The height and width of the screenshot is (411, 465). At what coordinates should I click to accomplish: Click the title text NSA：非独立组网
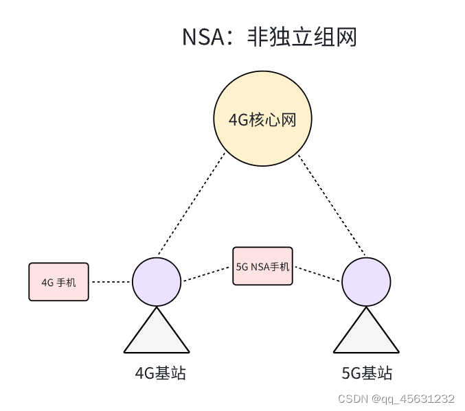pos(269,36)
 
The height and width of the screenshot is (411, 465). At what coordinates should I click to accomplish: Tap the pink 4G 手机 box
pos(58,281)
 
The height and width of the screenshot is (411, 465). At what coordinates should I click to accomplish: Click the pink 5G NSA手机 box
pos(262,266)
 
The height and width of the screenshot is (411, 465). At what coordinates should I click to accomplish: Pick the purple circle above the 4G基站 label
pos(157,281)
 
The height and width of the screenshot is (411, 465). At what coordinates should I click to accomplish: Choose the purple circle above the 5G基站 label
pos(366,281)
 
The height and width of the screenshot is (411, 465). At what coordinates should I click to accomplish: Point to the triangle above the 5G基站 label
pos(366,335)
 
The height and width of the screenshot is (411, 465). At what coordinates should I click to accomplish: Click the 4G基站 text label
pos(161,373)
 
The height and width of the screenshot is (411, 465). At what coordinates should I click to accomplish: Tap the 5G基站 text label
pos(367,373)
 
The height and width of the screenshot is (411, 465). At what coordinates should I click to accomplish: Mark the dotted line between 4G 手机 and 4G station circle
pos(111,281)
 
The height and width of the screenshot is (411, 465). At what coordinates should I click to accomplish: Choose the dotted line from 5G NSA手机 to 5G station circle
pos(317,274)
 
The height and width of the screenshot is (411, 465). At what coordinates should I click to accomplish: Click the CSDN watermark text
pos(354,399)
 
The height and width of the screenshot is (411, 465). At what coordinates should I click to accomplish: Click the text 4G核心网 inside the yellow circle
pos(262,121)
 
